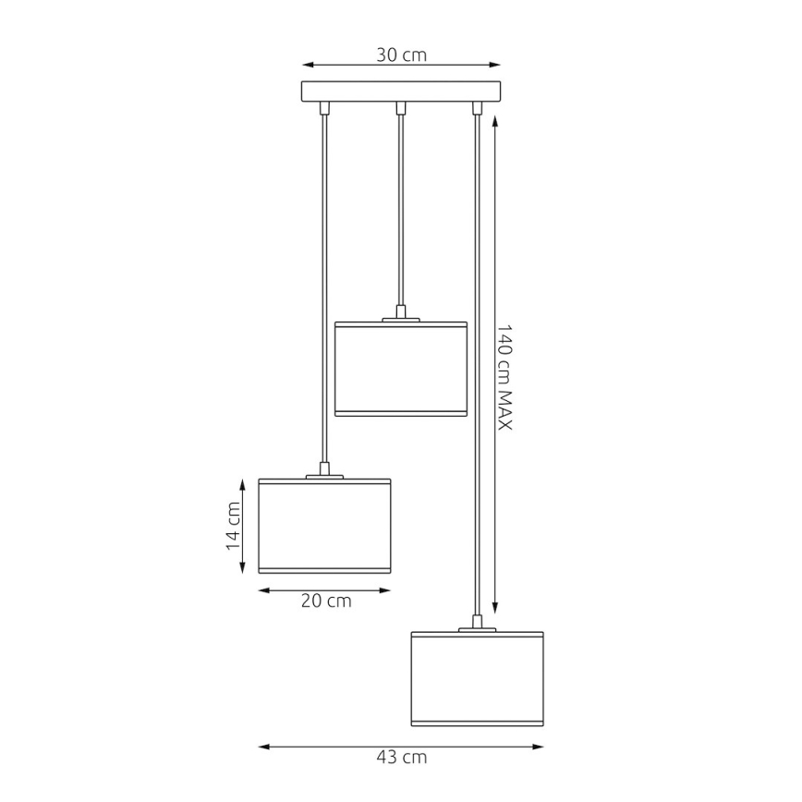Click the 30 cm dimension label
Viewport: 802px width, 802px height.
(x=401, y=55)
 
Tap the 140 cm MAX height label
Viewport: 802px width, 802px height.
(x=504, y=376)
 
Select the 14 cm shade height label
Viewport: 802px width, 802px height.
(x=233, y=526)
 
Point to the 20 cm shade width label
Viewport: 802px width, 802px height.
(x=326, y=601)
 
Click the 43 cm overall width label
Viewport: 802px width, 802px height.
(x=402, y=758)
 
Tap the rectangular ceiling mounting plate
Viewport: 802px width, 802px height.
(x=401, y=91)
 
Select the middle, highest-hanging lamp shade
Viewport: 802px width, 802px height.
(x=401, y=368)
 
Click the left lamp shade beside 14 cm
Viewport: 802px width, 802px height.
(x=324, y=525)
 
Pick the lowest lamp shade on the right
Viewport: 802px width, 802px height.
(x=477, y=678)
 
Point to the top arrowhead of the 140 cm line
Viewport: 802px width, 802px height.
(x=496, y=115)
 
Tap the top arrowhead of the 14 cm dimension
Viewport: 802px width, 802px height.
(x=243, y=483)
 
